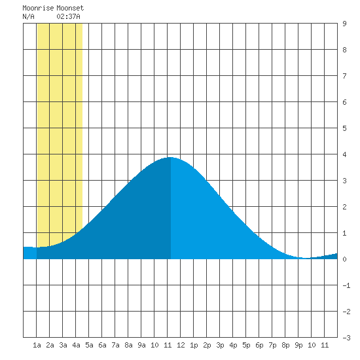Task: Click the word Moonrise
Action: point(38,8)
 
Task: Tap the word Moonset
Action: point(70,8)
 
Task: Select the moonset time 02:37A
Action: point(69,16)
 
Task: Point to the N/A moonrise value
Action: point(28,16)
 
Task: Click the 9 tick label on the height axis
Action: point(344,24)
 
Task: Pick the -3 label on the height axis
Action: point(346,338)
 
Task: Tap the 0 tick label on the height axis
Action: point(344,259)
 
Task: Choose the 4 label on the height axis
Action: point(344,154)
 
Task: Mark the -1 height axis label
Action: point(346,285)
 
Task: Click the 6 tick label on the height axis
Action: point(344,102)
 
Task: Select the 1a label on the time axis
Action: point(37,345)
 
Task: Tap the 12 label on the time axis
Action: point(181,345)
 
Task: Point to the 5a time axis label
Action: point(89,345)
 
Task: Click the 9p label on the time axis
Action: point(298,345)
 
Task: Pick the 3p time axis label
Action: point(220,345)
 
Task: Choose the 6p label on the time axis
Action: point(259,345)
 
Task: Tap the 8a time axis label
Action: point(128,345)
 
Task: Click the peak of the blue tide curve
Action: point(170,158)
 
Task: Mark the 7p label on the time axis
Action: point(272,345)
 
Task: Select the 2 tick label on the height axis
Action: point(344,207)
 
